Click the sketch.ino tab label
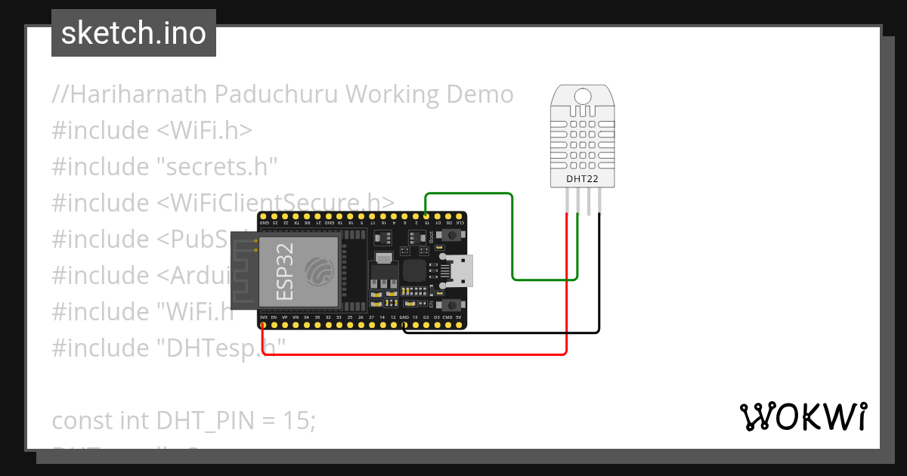(x=134, y=33)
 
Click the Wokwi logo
(x=803, y=416)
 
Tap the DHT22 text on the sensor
(x=583, y=179)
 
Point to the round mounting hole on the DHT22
(x=583, y=96)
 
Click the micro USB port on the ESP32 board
(x=461, y=270)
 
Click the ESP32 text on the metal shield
(x=285, y=271)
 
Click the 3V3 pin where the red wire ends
(x=262, y=326)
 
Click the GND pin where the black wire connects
(x=404, y=326)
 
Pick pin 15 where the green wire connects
(x=426, y=215)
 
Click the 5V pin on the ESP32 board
(x=459, y=326)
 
